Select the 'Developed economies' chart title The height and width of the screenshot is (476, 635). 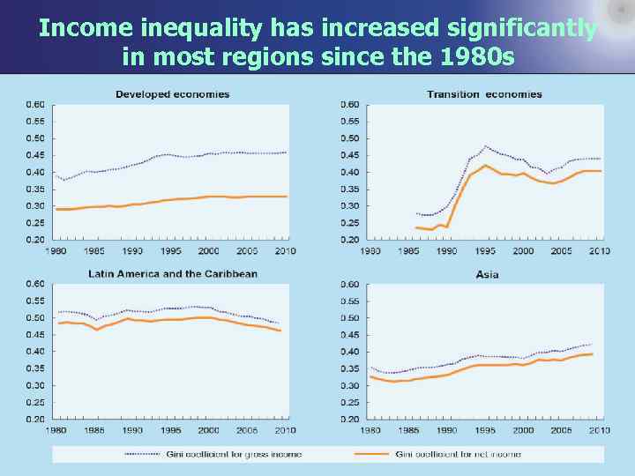tap(172, 94)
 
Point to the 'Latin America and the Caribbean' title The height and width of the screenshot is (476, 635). tap(173, 273)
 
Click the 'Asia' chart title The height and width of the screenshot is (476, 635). tap(487, 274)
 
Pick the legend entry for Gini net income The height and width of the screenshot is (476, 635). tap(458, 454)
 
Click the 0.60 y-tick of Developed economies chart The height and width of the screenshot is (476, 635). tap(35, 104)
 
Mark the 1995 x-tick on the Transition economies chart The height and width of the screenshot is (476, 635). tap(485, 250)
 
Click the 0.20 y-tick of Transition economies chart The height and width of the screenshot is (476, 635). tap(350, 240)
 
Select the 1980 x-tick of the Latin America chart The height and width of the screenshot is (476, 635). tap(56, 429)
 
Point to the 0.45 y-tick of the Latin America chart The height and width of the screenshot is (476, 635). tap(35, 334)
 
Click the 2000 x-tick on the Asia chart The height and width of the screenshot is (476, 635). tap(523, 429)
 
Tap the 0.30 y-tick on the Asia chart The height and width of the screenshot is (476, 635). tap(350, 385)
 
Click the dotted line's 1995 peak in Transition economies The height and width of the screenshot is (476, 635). tap(485, 146)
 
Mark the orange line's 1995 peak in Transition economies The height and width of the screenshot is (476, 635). tap(485, 166)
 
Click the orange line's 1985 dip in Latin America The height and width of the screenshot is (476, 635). tap(96, 330)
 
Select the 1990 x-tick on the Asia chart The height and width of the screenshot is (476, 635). tap(447, 429)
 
